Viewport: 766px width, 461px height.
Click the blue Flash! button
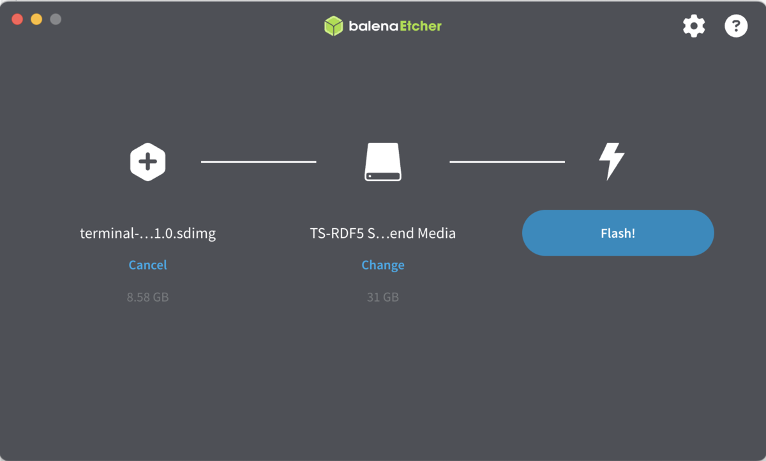[x=617, y=233]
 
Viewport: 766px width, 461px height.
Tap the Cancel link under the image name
[x=147, y=265]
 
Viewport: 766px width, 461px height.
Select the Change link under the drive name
[x=383, y=265]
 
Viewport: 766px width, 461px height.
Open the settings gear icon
[x=694, y=26]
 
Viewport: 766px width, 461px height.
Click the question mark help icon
[x=736, y=26]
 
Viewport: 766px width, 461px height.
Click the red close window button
[x=17, y=19]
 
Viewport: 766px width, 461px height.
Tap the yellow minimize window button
[x=36, y=19]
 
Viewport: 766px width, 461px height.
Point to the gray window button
[x=56, y=19]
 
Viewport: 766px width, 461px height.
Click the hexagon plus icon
[x=148, y=162]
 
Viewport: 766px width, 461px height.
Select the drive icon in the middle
[x=383, y=162]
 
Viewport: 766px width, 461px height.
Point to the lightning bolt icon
[x=611, y=161]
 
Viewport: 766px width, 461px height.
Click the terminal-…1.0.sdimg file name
[x=147, y=233]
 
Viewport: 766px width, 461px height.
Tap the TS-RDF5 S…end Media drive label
[x=383, y=233]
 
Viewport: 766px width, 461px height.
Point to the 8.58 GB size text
[x=147, y=297]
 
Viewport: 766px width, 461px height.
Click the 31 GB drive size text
[x=383, y=297]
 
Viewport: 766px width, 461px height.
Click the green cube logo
[x=333, y=26]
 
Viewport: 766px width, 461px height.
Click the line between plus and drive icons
[x=259, y=162]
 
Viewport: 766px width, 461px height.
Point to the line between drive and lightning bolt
[x=507, y=162]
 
